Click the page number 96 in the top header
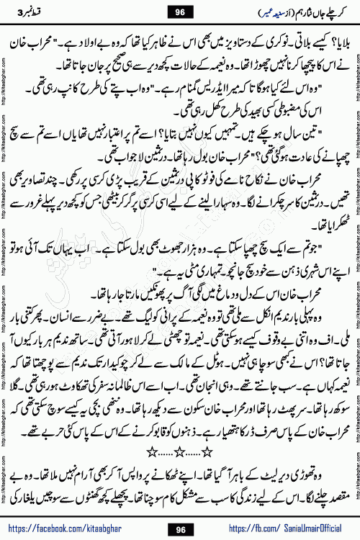[x=180, y=12]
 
